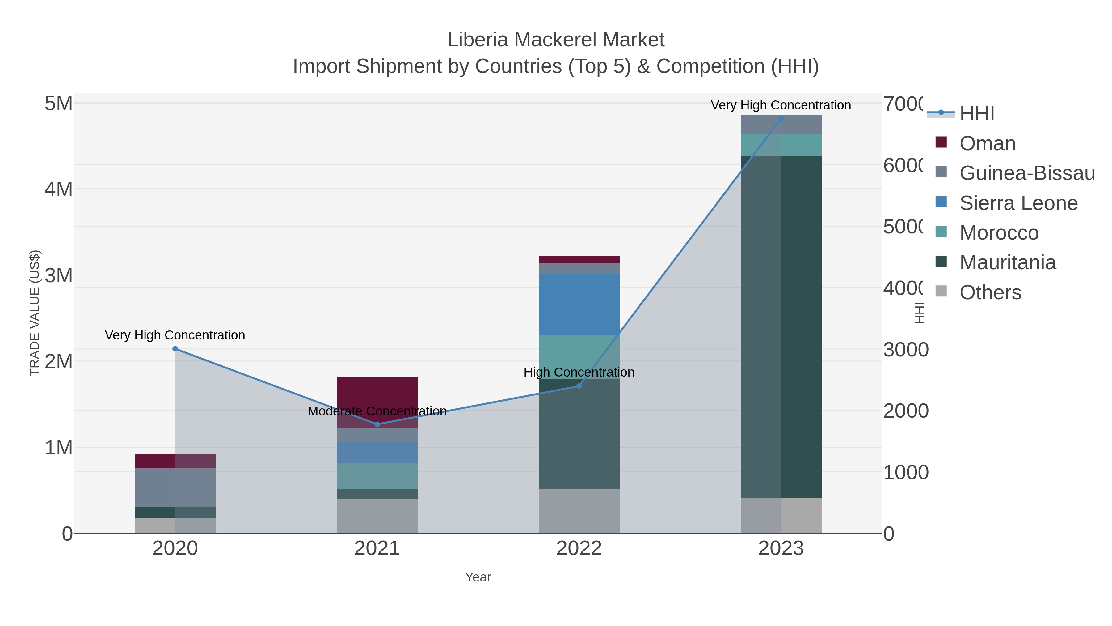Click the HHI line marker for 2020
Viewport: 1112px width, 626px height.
pos(175,349)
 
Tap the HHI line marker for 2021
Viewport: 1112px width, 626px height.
pos(377,424)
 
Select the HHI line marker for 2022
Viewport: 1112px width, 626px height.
pos(579,386)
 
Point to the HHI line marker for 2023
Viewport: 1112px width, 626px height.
pos(781,118)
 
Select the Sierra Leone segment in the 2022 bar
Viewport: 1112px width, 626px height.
pos(579,304)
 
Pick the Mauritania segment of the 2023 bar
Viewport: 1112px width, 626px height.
pos(781,327)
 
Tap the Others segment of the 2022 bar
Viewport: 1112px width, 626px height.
pos(579,511)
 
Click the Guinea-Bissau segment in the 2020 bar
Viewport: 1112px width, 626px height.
pos(175,487)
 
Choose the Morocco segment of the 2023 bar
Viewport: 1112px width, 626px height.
pos(781,145)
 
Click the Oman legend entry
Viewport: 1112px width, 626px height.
pos(987,143)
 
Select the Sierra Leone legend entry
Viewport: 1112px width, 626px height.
pos(1018,203)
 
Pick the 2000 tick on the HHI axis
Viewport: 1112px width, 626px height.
pos(905,411)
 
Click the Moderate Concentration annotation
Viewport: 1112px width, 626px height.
pos(377,411)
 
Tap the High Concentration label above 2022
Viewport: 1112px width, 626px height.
pos(579,372)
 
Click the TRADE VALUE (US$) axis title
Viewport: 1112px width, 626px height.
pos(35,313)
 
